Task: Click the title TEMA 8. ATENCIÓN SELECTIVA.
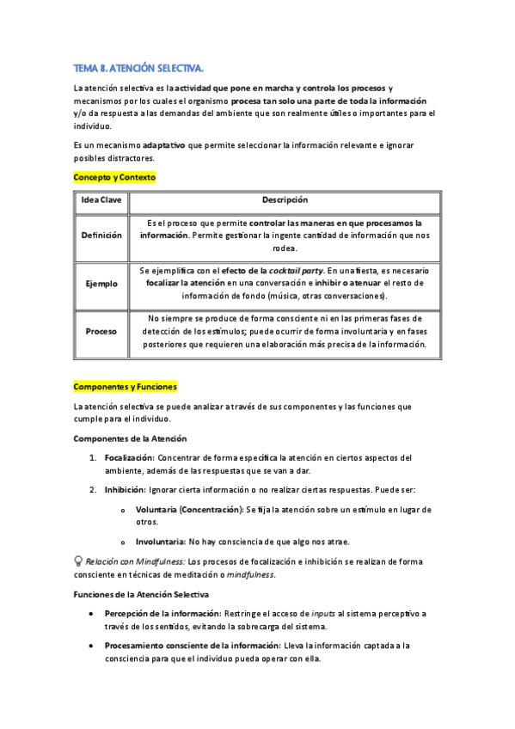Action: [138, 68]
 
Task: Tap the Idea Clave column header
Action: [101, 201]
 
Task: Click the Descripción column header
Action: [284, 201]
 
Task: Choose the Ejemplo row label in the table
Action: [101, 284]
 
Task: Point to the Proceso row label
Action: [101, 331]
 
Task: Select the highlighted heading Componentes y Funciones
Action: [125, 387]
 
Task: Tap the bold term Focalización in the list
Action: [128, 458]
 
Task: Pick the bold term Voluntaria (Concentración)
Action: [188, 510]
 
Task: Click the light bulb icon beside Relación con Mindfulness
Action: [78, 561]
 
